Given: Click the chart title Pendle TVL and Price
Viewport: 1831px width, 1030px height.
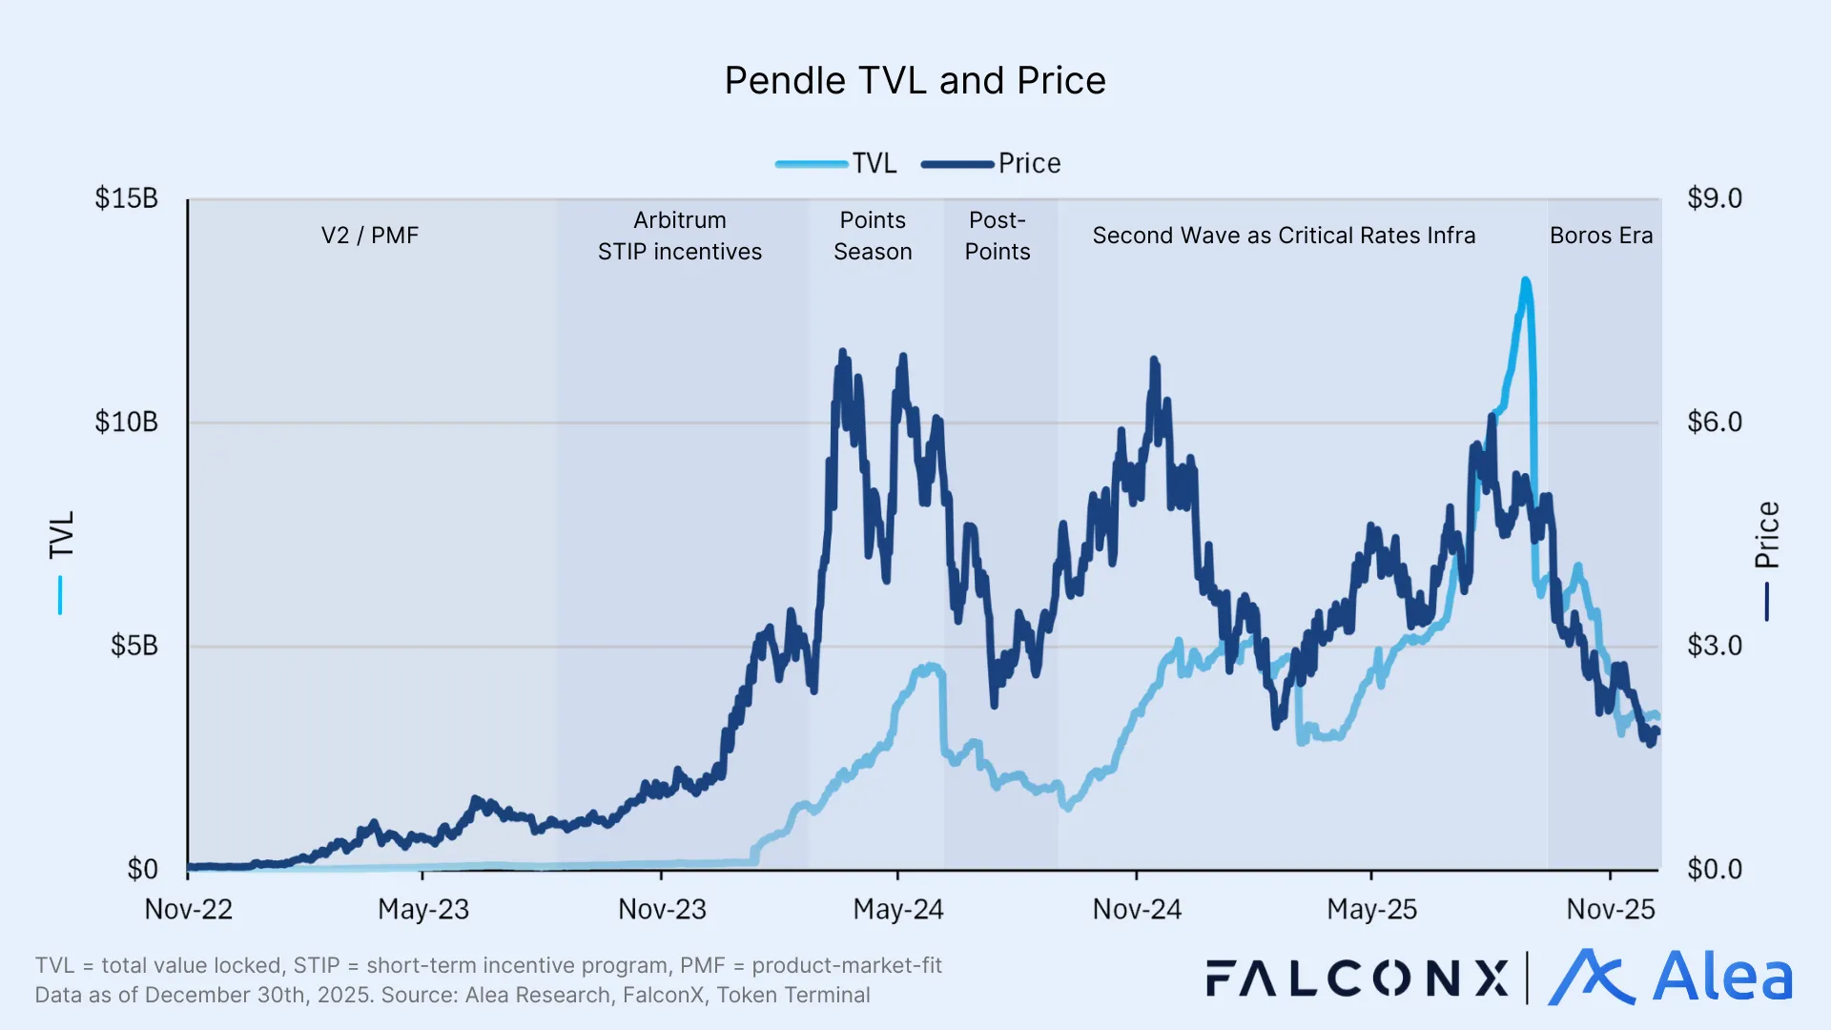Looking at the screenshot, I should click(915, 81).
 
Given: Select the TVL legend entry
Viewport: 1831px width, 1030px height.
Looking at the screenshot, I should click(874, 163).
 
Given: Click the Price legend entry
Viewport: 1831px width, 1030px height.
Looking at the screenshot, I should click(1028, 163).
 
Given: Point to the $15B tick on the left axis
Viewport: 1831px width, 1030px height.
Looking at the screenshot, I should click(126, 198).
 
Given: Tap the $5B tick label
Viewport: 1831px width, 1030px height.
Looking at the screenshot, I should click(134, 646).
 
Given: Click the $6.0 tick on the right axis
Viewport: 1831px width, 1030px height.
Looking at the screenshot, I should click(1714, 422).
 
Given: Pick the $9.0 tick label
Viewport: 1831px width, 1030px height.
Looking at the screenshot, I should click(1714, 198).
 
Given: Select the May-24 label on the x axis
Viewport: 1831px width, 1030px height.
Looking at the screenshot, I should click(897, 909).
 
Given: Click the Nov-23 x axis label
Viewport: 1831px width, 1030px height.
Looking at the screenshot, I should click(662, 909).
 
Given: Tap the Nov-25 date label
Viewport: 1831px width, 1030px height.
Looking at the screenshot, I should click(1610, 909).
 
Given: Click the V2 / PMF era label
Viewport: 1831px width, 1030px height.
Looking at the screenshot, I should click(370, 236).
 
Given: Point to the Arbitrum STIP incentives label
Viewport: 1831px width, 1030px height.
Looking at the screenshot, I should click(679, 236).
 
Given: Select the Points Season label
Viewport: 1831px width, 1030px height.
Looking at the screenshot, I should click(873, 236).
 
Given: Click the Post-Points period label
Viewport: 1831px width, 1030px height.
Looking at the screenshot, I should click(997, 236).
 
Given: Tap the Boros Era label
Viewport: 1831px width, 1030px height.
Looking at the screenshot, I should click(1600, 236).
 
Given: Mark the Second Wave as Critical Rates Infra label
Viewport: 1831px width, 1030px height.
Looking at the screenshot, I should click(1284, 236).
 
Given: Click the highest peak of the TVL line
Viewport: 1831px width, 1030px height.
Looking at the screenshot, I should click(1526, 280).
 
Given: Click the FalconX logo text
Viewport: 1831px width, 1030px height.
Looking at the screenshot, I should click(1357, 978).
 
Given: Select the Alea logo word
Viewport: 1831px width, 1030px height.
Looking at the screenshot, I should click(1721, 978).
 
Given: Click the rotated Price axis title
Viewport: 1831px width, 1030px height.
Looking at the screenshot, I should click(1767, 535).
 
